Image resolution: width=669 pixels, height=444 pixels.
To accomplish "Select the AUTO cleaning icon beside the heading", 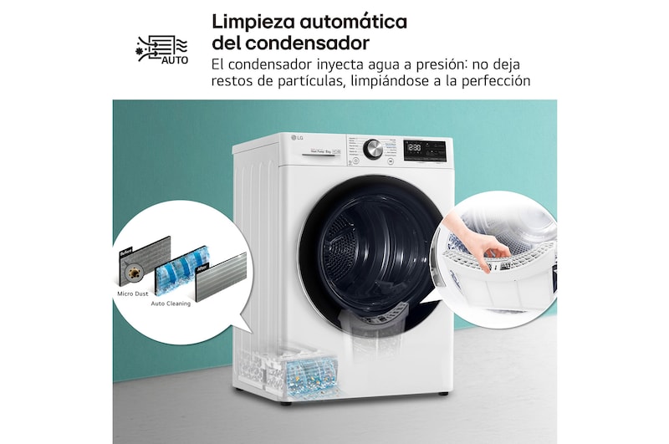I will [x=162, y=50].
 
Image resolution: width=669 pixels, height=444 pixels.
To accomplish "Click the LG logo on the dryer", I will [x=296, y=138].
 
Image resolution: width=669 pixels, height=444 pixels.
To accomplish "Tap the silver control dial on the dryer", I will [x=374, y=149].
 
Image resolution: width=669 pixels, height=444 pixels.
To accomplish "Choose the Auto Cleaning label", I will [x=171, y=304].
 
